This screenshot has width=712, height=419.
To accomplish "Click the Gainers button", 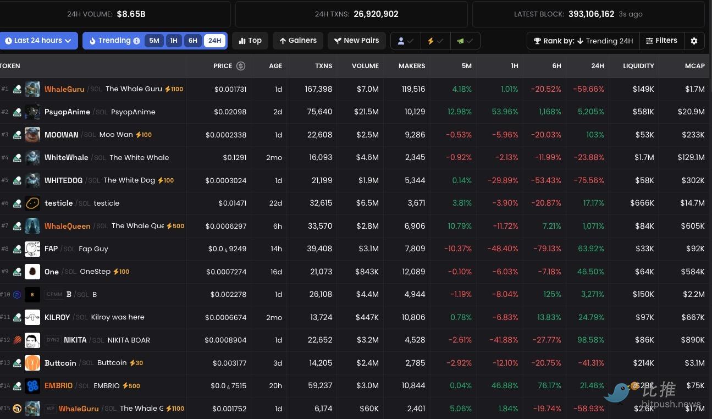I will [x=297, y=41].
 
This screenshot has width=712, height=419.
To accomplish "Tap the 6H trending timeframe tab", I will [x=192, y=41].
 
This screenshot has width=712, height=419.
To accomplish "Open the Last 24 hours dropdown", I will [x=38, y=41].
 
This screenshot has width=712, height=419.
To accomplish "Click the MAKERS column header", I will [x=412, y=66].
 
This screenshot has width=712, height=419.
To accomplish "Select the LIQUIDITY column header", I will [x=638, y=66].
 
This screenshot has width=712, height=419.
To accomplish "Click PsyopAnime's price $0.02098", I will [x=230, y=112].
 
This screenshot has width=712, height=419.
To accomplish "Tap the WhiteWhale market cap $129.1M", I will [x=691, y=157].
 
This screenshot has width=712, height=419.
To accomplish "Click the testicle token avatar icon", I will [x=32, y=203].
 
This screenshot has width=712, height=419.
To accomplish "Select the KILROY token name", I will [x=57, y=317].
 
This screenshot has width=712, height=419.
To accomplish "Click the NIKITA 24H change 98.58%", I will [x=590, y=340].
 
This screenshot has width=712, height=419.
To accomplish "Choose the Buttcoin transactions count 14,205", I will [x=320, y=363].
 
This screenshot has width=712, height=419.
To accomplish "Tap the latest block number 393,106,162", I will [x=591, y=14].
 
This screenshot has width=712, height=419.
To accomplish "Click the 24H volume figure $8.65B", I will [x=131, y=14].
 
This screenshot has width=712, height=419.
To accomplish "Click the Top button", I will [x=250, y=41].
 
